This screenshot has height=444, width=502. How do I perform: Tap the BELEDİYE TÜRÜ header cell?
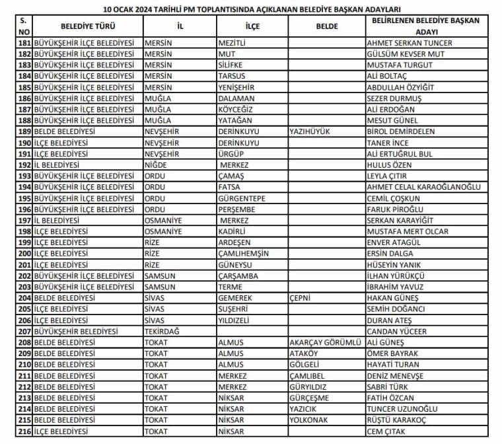click(x=88, y=26)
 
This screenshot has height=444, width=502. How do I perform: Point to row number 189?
click(x=24, y=131)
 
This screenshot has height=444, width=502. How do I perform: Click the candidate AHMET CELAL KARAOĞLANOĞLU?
click(x=423, y=187)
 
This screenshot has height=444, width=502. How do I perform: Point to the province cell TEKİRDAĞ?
click(x=164, y=331)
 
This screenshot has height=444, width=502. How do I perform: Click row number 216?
click(x=24, y=431)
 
